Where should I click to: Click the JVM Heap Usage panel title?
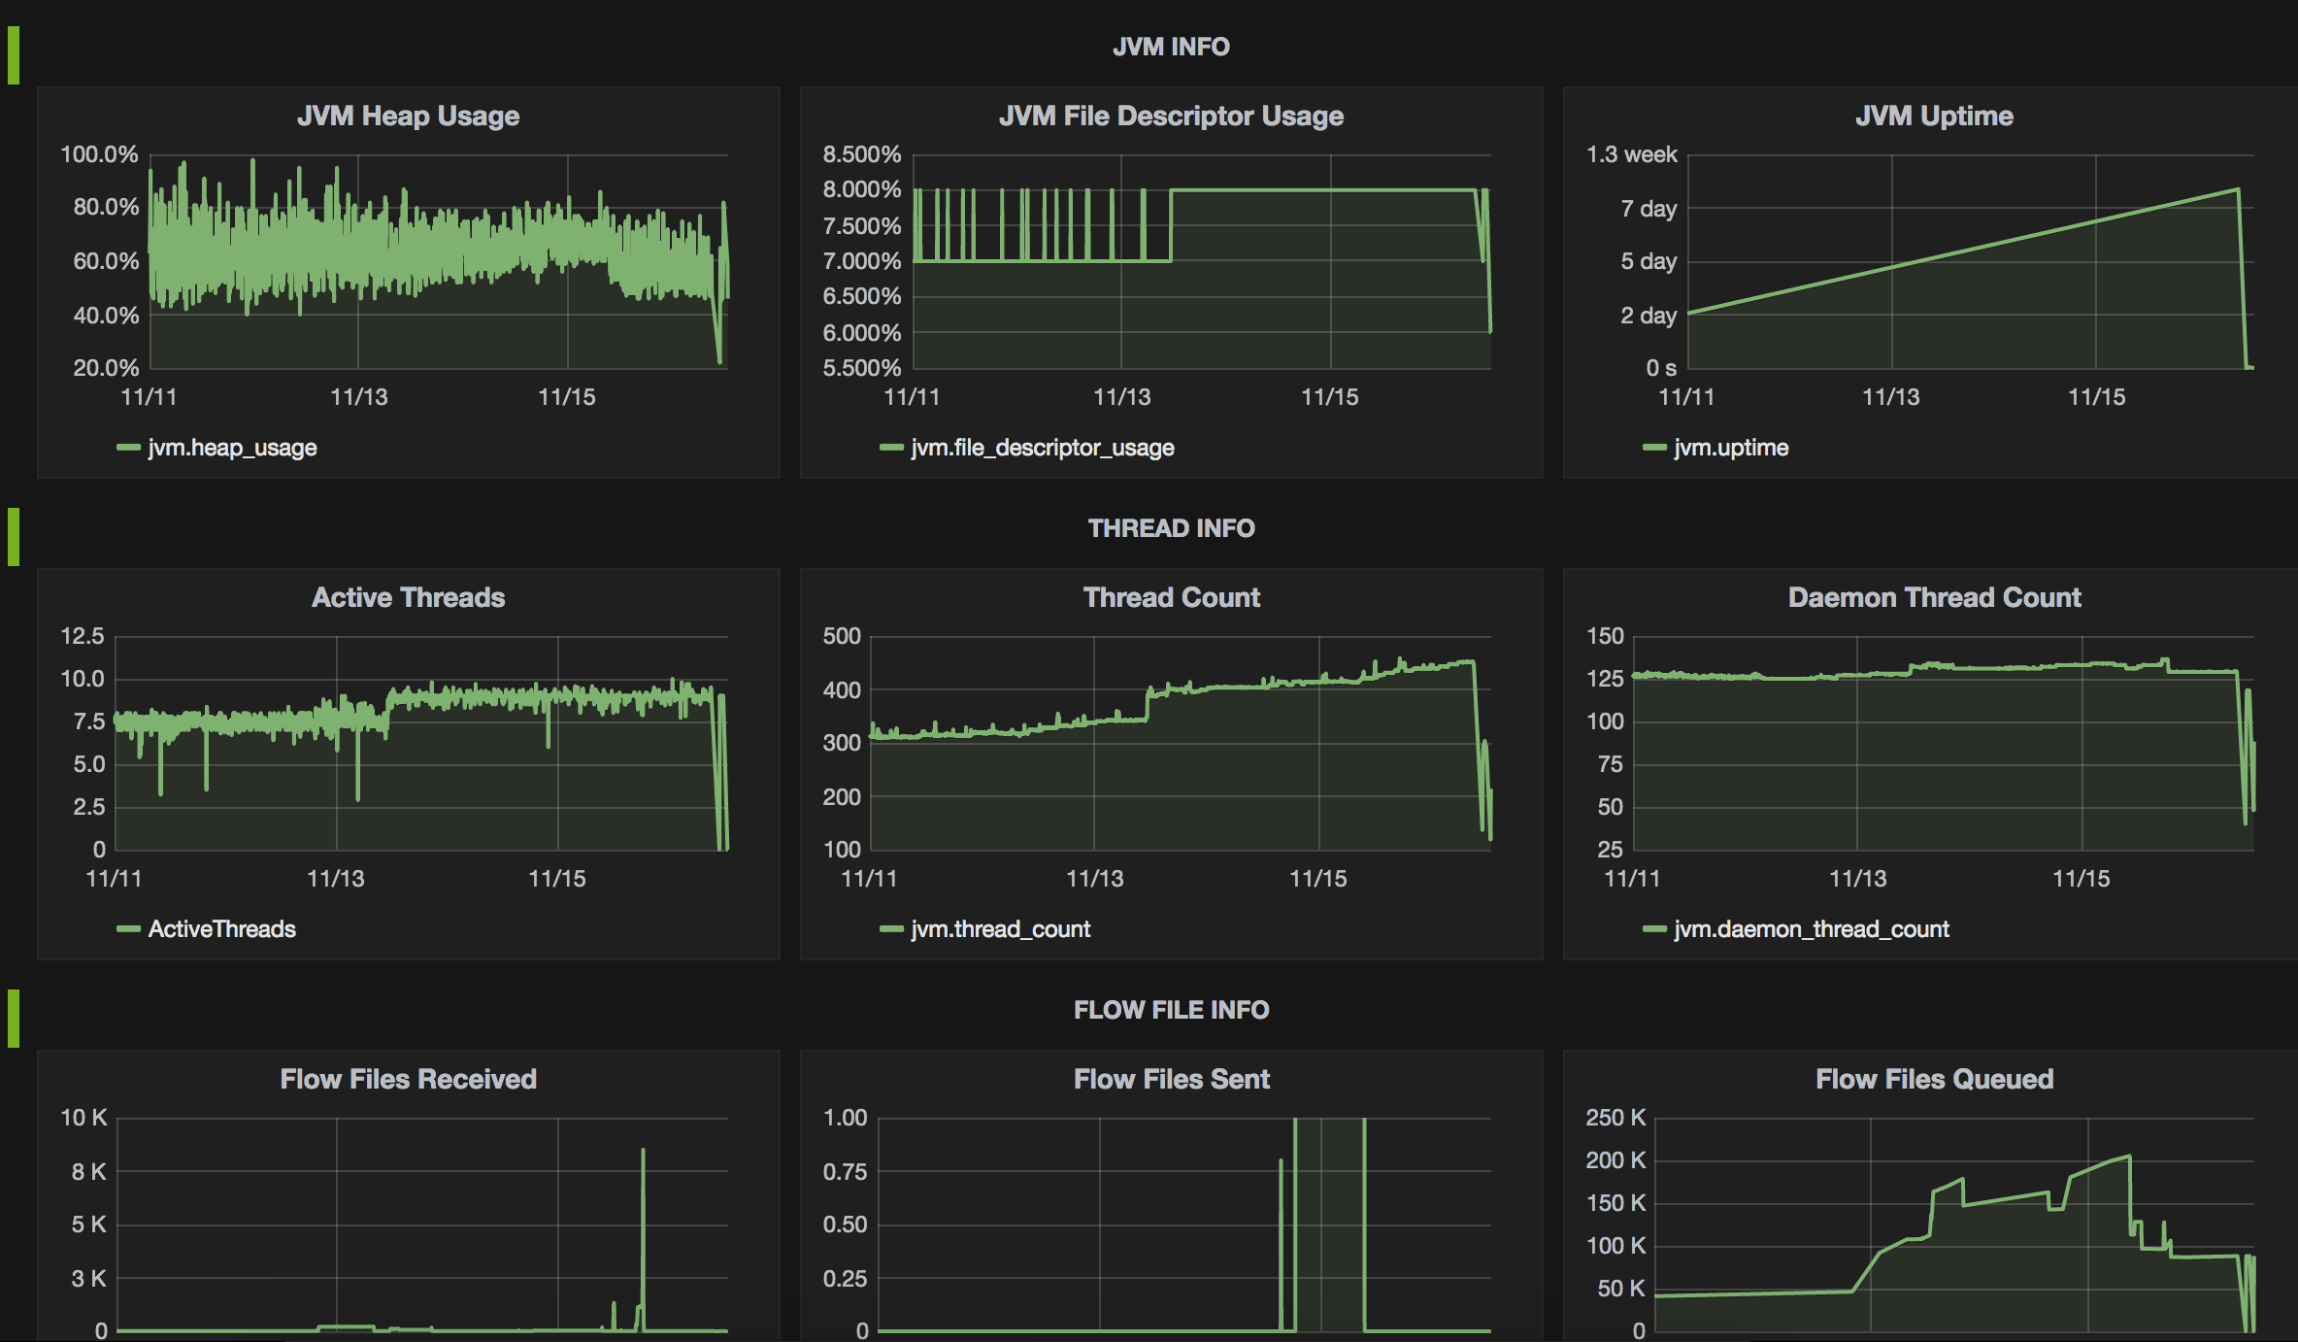408,116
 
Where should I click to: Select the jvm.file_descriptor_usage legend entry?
1041,448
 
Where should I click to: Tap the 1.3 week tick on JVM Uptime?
1631,154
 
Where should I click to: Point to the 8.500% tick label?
861,154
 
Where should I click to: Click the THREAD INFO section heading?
1171,528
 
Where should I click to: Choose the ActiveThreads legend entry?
220,929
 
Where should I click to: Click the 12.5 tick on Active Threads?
83,636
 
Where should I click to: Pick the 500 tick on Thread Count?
842,636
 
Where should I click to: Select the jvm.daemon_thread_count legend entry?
1811,929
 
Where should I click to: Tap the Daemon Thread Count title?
1934,597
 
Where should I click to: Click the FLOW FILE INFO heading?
1171,1010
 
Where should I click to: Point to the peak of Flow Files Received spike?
643,1151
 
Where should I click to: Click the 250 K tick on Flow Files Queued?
1615,1118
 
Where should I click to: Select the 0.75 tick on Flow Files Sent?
845,1172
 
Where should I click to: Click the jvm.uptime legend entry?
1730,448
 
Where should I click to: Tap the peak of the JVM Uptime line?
2238,189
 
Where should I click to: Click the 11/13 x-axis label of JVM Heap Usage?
358,397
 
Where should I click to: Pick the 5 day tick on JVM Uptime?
1648,261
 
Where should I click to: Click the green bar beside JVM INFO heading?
14,55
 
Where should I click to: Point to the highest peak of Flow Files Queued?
2128,1157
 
